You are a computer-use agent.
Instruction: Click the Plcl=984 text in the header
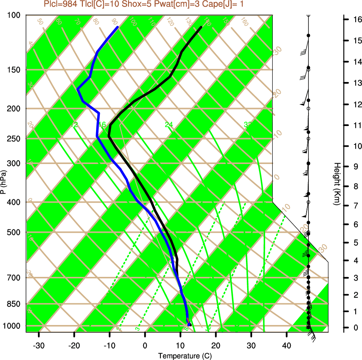coord(59,4)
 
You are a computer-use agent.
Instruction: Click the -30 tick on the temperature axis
coord(39,345)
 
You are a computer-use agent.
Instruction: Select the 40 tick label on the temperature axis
coord(287,345)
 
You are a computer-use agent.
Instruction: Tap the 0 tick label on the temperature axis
coord(145,345)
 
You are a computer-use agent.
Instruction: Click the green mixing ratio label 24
coord(169,125)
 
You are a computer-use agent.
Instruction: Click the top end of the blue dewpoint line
coord(118,27)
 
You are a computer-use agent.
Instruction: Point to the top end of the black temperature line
coord(201,27)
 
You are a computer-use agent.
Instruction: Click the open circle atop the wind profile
coord(309,15)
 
